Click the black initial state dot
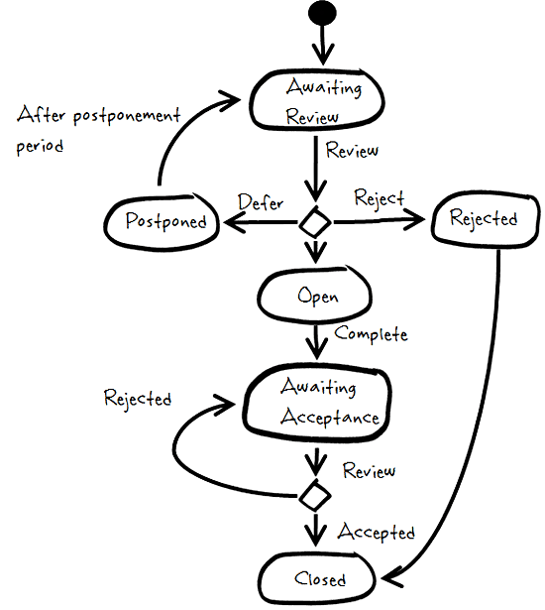click(322, 13)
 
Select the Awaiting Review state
click(317, 100)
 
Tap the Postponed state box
click(162, 221)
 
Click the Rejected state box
click(486, 218)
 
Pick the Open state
click(315, 296)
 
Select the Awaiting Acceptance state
click(317, 403)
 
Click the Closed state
click(317, 578)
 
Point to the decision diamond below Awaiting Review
click(315, 222)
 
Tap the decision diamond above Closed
click(315, 496)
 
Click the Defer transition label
click(261, 202)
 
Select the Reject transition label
click(380, 199)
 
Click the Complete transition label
click(372, 334)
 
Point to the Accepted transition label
click(376, 532)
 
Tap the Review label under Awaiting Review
click(352, 150)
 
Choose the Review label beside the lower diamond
click(369, 470)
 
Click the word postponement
click(127, 116)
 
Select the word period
click(40, 147)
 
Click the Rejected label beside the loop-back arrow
click(138, 399)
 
